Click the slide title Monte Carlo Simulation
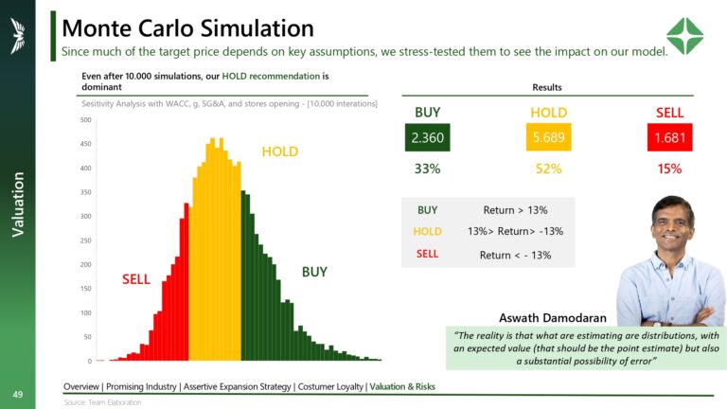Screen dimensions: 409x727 (x=187, y=27)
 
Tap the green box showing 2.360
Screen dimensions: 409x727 (x=428, y=139)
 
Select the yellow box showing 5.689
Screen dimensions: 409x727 (x=548, y=139)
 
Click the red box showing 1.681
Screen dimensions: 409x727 (x=669, y=139)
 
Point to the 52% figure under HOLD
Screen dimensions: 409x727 (x=548, y=169)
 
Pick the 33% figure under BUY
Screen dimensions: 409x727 (x=428, y=169)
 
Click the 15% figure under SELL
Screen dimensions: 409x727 (x=669, y=169)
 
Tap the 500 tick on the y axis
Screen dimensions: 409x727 (x=85, y=120)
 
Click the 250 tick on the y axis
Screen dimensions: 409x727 (x=85, y=240)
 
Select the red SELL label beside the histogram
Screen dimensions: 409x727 (x=136, y=279)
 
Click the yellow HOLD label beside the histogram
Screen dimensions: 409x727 (x=279, y=151)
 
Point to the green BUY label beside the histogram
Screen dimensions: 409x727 (x=314, y=272)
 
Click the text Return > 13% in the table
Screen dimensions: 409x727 (x=514, y=210)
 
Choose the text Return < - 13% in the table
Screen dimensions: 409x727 (x=514, y=255)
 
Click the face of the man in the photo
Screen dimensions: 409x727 (x=672, y=223)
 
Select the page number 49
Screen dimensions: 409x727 (x=17, y=393)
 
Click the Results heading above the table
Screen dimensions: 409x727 (x=548, y=87)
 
